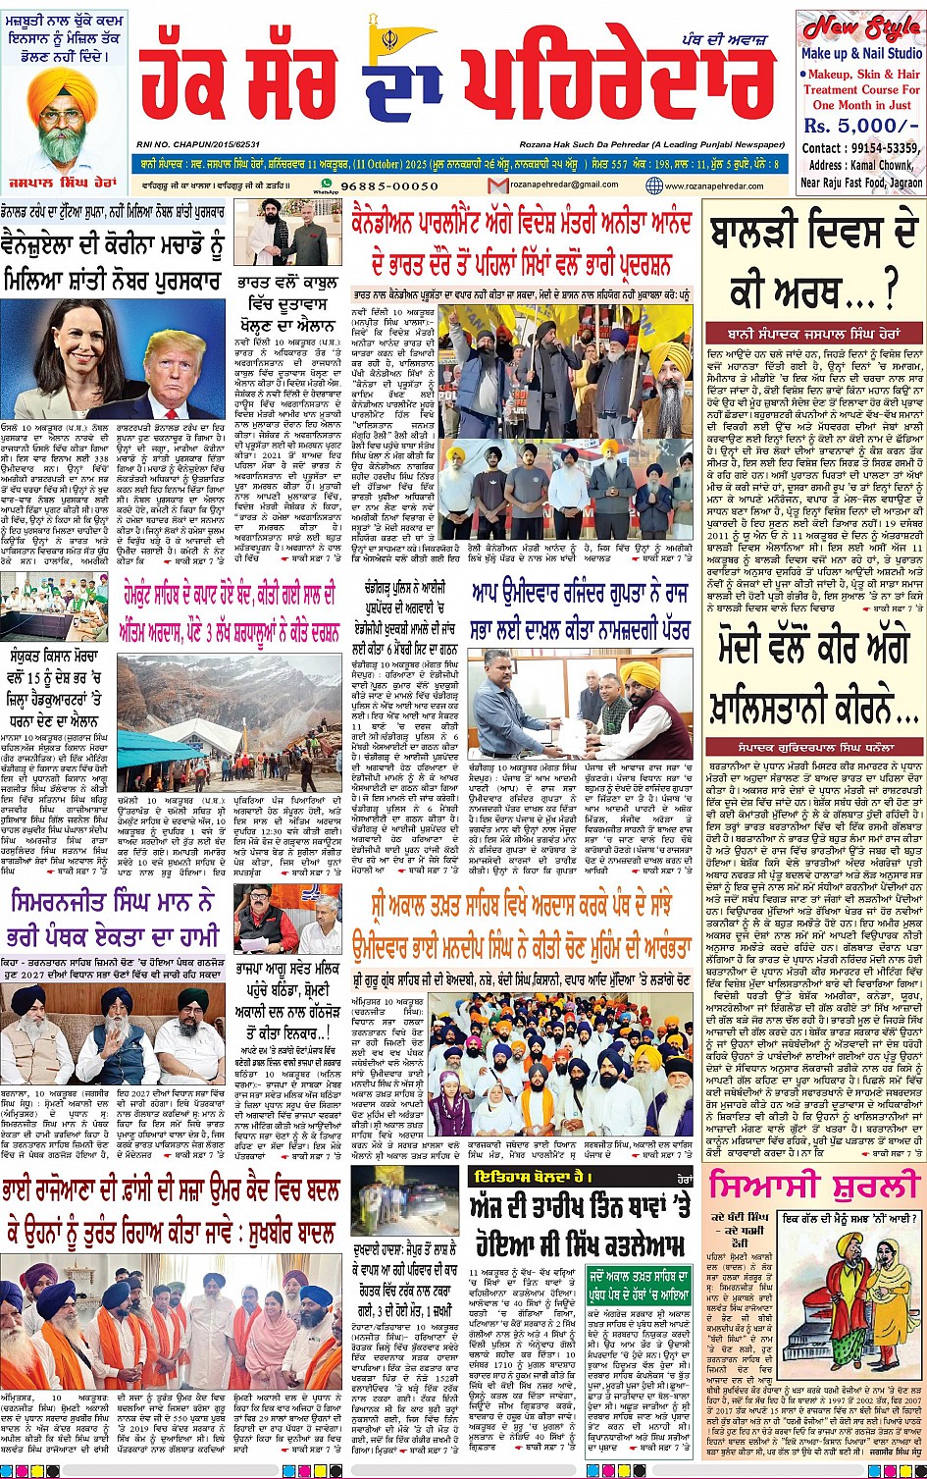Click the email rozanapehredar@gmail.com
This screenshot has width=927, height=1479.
coord(566,185)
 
